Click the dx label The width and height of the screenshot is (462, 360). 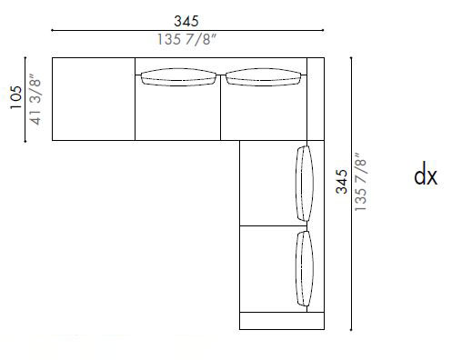426,175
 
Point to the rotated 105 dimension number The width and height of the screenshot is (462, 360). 16,96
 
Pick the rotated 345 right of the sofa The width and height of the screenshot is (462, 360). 341,182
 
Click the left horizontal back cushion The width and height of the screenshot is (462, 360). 178,78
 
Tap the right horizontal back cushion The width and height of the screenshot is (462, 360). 265,78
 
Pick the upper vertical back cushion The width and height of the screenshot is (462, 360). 304,182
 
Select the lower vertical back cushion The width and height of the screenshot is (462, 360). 303,269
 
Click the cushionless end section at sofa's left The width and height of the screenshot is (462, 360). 94,98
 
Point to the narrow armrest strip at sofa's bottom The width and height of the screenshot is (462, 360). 282,321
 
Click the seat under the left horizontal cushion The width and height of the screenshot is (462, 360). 178,114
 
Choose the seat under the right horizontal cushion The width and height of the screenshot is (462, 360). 264,114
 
